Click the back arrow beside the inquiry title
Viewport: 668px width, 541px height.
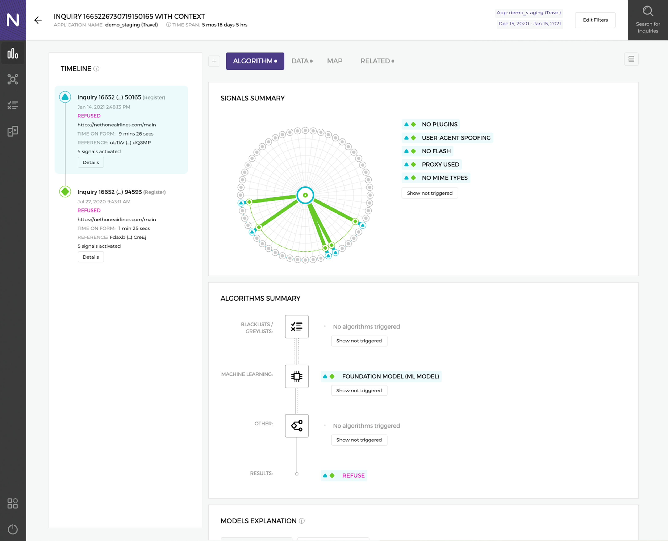click(x=38, y=20)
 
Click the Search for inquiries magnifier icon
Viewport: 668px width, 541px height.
click(x=648, y=12)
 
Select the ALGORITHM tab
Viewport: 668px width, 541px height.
click(x=255, y=61)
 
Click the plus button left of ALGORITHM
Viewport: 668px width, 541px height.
click(x=214, y=61)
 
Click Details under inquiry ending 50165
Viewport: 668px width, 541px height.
click(x=91, y=162)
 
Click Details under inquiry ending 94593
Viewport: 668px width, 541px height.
click(x=91, y=257)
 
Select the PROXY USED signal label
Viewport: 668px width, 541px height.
click(x=440, y=165)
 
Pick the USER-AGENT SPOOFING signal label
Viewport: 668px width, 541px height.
click(x=456, y=138)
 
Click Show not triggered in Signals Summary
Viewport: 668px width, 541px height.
click(x=429, y=193)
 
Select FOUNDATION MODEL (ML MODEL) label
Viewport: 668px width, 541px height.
click(x=390, y=376)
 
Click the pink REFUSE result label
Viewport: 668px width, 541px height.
click(x=353, y=476)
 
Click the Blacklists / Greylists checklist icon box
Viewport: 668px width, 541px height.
click(x=297, y=326)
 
